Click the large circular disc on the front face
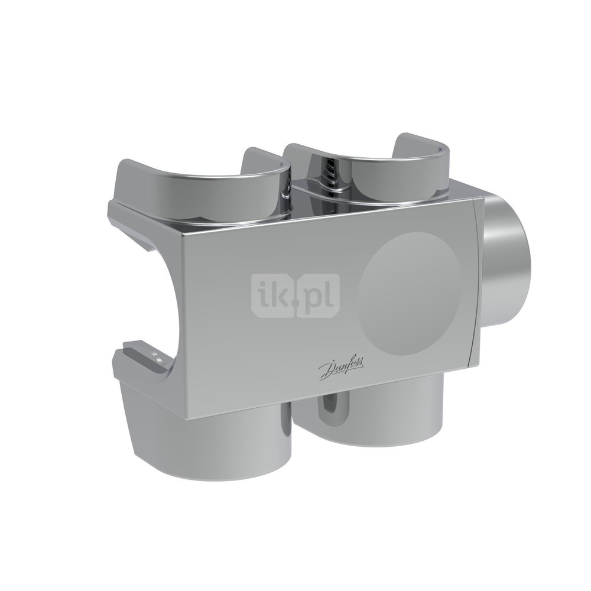coord(409,293)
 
